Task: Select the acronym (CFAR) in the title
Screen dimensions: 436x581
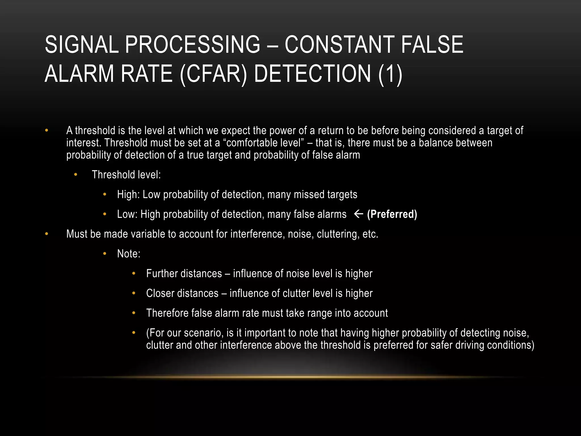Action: tap(213, 74)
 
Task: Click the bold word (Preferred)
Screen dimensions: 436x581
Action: tap(392, 214)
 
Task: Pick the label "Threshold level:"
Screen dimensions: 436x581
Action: tap(126, 175)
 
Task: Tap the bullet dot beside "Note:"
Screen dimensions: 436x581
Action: tap(105, 253)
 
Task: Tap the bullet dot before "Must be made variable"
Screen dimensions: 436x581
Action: tap(47, 234)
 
